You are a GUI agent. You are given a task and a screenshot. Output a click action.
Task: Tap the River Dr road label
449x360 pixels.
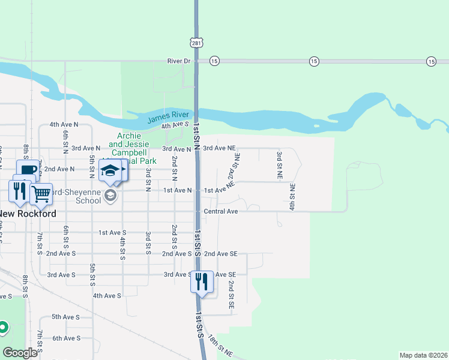pyautogui.click(x=178, y=61)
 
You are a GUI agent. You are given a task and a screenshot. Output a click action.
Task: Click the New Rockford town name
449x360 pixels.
pyautogui.click(x=27, y=214)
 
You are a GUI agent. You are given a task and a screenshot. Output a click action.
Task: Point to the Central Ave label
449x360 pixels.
pyautogui.click(x=221, y=211)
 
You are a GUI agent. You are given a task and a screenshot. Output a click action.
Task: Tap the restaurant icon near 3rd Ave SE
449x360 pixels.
pyautogui.click(x=202, y=281)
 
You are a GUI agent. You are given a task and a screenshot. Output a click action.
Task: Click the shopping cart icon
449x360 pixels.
pyautogui.click(x=41, y=193)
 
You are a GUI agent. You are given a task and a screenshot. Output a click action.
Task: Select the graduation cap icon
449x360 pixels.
pyautogui.click(x=110, y=170)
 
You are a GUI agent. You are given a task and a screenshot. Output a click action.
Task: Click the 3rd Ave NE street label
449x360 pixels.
pyautogui.click(x=219, y=148)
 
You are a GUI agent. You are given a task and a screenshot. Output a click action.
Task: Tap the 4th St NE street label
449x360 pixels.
pyautogui.click(x=292, y=196)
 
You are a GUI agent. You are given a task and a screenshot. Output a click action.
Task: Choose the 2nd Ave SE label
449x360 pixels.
pyautogui.click(x=220, y=254)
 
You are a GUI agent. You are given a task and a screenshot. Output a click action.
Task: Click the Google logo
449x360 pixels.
pyautogui.click(x=20, y=353)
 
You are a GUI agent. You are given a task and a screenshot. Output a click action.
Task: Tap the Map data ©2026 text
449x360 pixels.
pyautogui.click(x=423, y=355)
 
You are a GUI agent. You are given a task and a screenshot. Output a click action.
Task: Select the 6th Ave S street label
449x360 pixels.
pyautogui.click(x=66, y=338)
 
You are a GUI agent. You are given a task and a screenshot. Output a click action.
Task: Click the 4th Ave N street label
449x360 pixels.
pyautogui.click(x=64, y=124)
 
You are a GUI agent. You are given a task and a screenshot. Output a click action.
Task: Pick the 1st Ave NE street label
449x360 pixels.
pyautogui.click(x=219, y=190)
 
